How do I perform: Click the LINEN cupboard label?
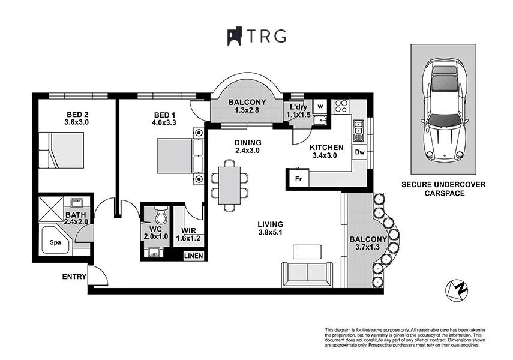tap(193, 256)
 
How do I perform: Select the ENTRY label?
tap(73, 277)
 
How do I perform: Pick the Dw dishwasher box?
tap(359, 152)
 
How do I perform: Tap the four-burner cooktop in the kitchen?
tap(342, 106)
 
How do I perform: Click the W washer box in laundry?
tap(320, 106)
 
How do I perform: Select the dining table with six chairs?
tap(229, 184)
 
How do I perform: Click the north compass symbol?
tap(457, 289)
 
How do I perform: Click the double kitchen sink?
tap(359, 129)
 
